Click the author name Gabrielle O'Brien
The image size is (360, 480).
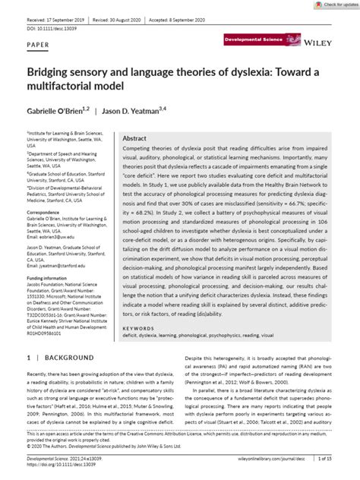pyautogui.click(x=58, y=112)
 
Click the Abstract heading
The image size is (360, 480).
pyautogui.click(x=134, y=139)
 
